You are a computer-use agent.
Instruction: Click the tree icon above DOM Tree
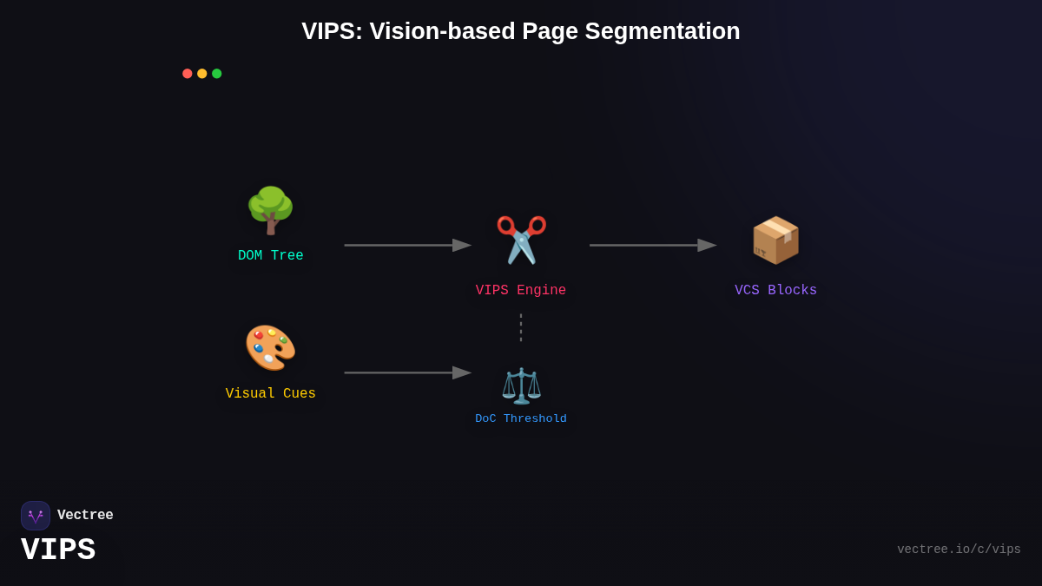(x=270, y=211)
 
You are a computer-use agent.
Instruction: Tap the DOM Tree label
(x=271, y=256)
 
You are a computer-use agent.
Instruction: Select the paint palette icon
(x=270, y=347)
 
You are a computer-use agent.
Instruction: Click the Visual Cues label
(x=271, y=394)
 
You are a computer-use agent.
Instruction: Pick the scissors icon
(x=521, y=240)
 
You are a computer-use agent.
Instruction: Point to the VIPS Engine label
(x=521, y=291)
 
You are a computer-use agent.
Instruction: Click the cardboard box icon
(x=775, y=240)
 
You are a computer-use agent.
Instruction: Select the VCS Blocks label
(x=775, y=291)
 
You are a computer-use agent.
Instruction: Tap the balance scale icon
(x=521, y=385)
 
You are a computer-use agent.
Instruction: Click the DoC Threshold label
(x=521, y=419)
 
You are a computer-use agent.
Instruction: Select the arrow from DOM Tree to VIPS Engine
(x=407, y=246)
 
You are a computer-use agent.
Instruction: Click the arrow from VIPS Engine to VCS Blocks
(x=652, y=246)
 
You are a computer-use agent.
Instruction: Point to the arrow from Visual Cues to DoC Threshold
(x=407, y=373)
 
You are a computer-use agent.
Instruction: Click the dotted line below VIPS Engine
(x=521, y=327)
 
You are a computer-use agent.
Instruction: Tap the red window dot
(x=188, y=74)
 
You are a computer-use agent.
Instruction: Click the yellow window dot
(x=202, y=74)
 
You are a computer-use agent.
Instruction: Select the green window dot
(x=217, y=74)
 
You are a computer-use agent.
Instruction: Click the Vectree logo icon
(x=36, y=516)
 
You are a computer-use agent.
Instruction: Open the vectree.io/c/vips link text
(x=959, y=550)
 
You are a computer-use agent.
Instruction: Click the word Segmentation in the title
(x=662, y=31)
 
